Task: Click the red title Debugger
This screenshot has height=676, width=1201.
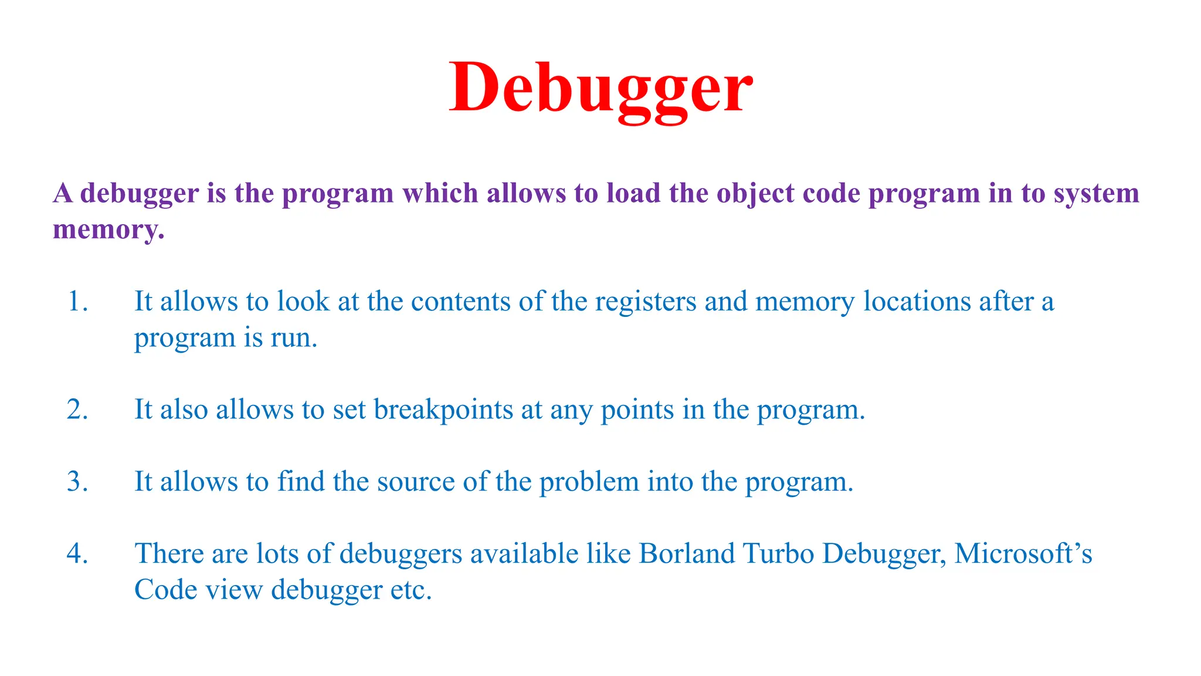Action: pos(600,88)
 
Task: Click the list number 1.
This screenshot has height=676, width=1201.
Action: pos(77,302)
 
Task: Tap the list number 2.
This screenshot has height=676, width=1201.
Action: pos(77,410)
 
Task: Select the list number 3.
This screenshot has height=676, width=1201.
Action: pos(77,482)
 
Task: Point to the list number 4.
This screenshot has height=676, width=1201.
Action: pos(77,554)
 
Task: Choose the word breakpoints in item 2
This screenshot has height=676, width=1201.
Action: pos(443,410)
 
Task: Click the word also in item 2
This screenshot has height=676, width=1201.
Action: pos(184,410)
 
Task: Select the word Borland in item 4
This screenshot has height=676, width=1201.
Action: pos(687,554)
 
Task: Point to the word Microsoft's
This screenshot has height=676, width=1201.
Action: pos(1023,554)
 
